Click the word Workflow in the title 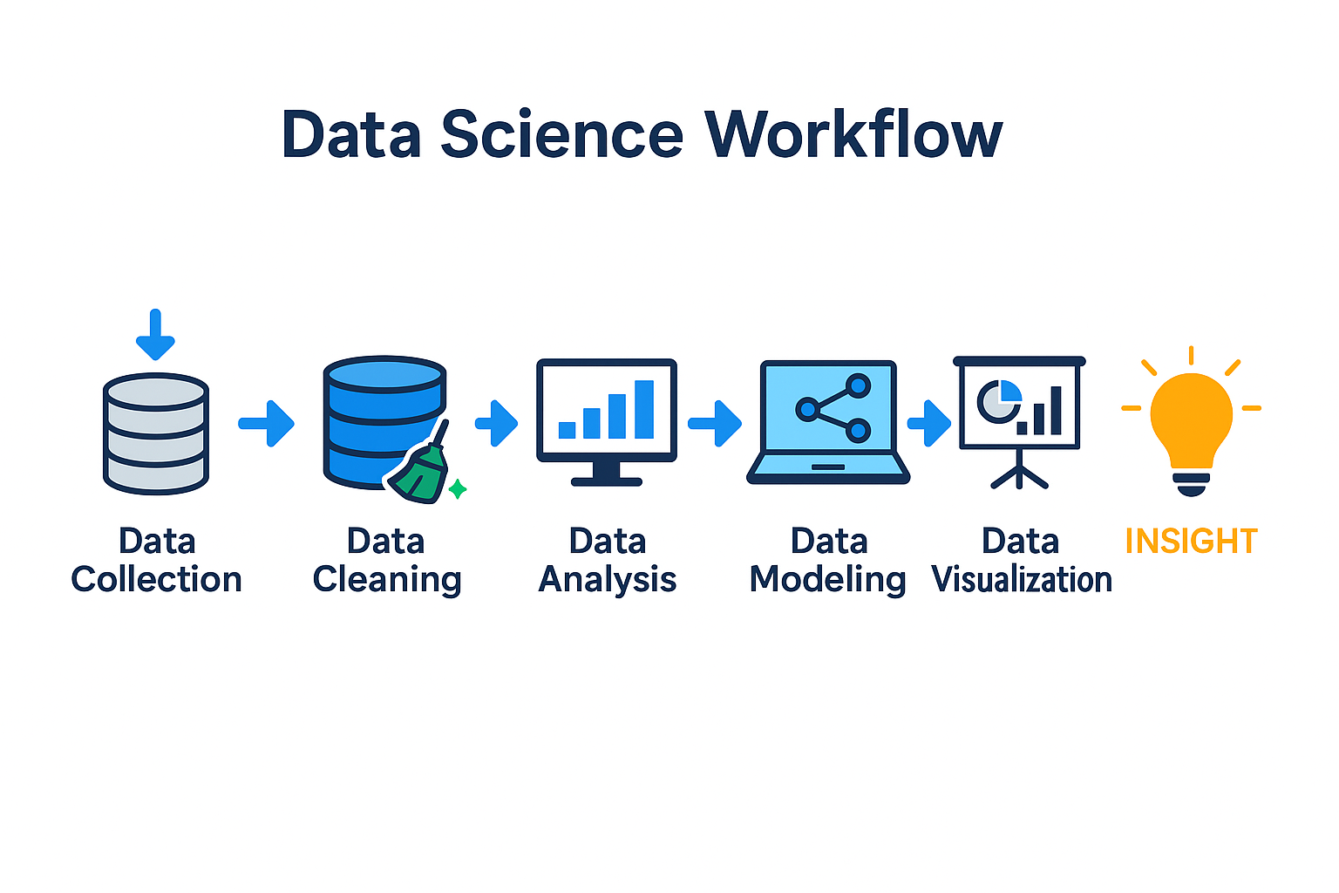tap(853, 135)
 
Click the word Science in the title tap(561, 135)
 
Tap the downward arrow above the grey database tap(155, 335)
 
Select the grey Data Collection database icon tap(156, 433)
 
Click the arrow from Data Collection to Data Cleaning tap(267, 423)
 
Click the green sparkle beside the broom tap(458, 489)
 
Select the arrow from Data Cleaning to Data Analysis tap(497, 423)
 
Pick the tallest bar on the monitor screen tap(644, 409)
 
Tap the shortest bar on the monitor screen tap(567, 429)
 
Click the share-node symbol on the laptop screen tap(833, 407)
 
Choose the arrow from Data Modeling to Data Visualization tap(930, 423)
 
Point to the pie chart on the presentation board tap(998, 400)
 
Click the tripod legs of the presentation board tap(1019, 475)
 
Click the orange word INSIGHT tap(1191, 542)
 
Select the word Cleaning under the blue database tap(387, 580)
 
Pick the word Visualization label tap(1022, 580)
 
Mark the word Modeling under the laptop tap(828, 580)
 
